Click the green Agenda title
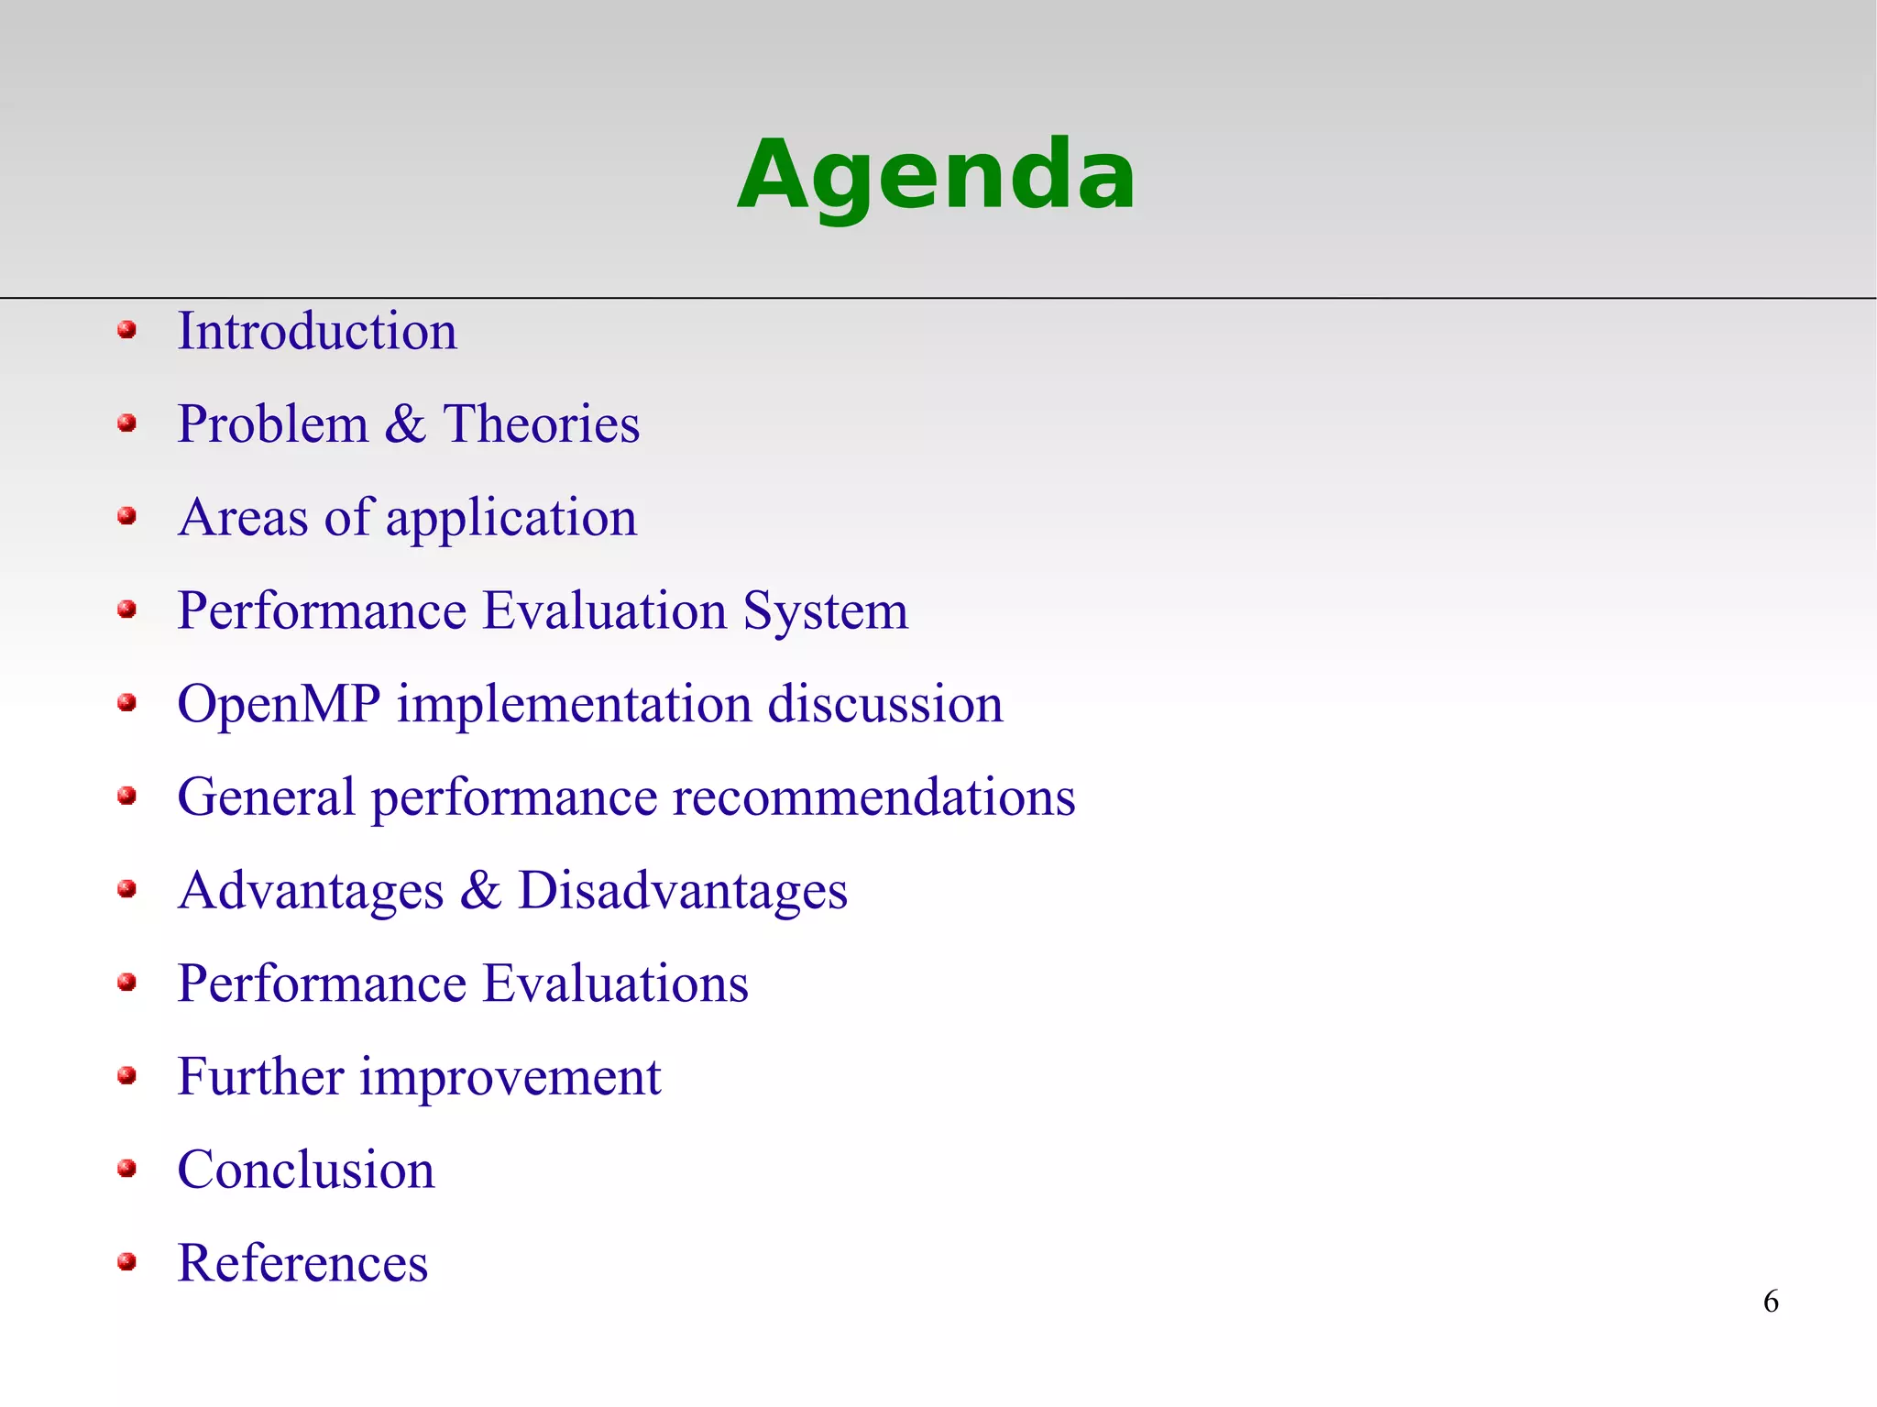click(936, 175)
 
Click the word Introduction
click(317, 331)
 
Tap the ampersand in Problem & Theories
click(405, 424)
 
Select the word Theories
click(542, 424)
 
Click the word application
click(510, 519)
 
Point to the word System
click(825, 611)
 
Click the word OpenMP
click(279, 704)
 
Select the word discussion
click(884, 704)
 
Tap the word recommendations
click(873, 797)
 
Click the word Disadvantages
click(683, 891)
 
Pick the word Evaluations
click(615, 984)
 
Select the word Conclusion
click(306, 1171)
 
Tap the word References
click(302, 1263)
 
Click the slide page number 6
click(1771, 1302)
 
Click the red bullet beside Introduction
click(127, 330)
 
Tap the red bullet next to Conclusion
click(127, 1169)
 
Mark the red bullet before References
click(127, 1262)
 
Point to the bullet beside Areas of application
click(127, 516)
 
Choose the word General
click(266, 797)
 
